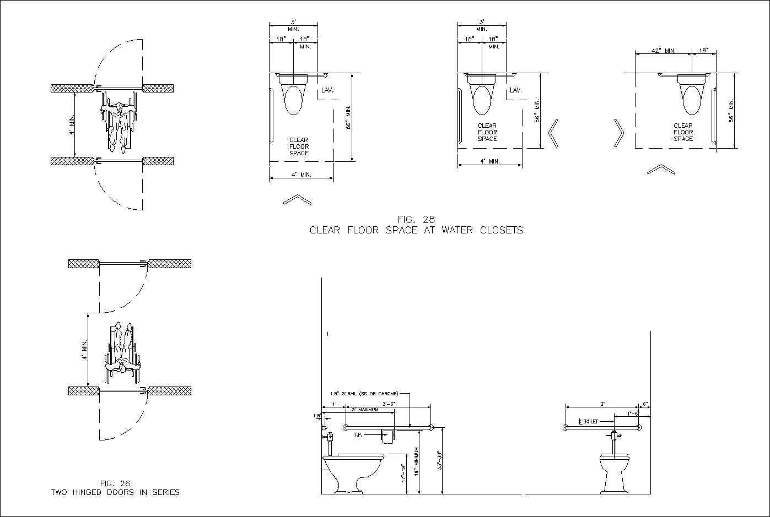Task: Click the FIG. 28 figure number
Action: [x=416, y=219]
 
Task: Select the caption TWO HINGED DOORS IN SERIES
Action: [x=115, y=492]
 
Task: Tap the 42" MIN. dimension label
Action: [x=664, y=51]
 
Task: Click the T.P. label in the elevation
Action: [x=358, y=435]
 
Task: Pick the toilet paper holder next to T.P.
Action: [x=389, y=436]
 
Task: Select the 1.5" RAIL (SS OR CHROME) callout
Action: [x=364, y=394]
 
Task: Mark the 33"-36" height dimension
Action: [x=440, y=460]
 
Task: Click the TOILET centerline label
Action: [x=588, y=421]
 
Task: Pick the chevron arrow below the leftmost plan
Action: [x=297, y=200]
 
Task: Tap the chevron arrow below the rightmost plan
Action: [x=661, y=170]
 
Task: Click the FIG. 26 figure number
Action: [x=115, y=483]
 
